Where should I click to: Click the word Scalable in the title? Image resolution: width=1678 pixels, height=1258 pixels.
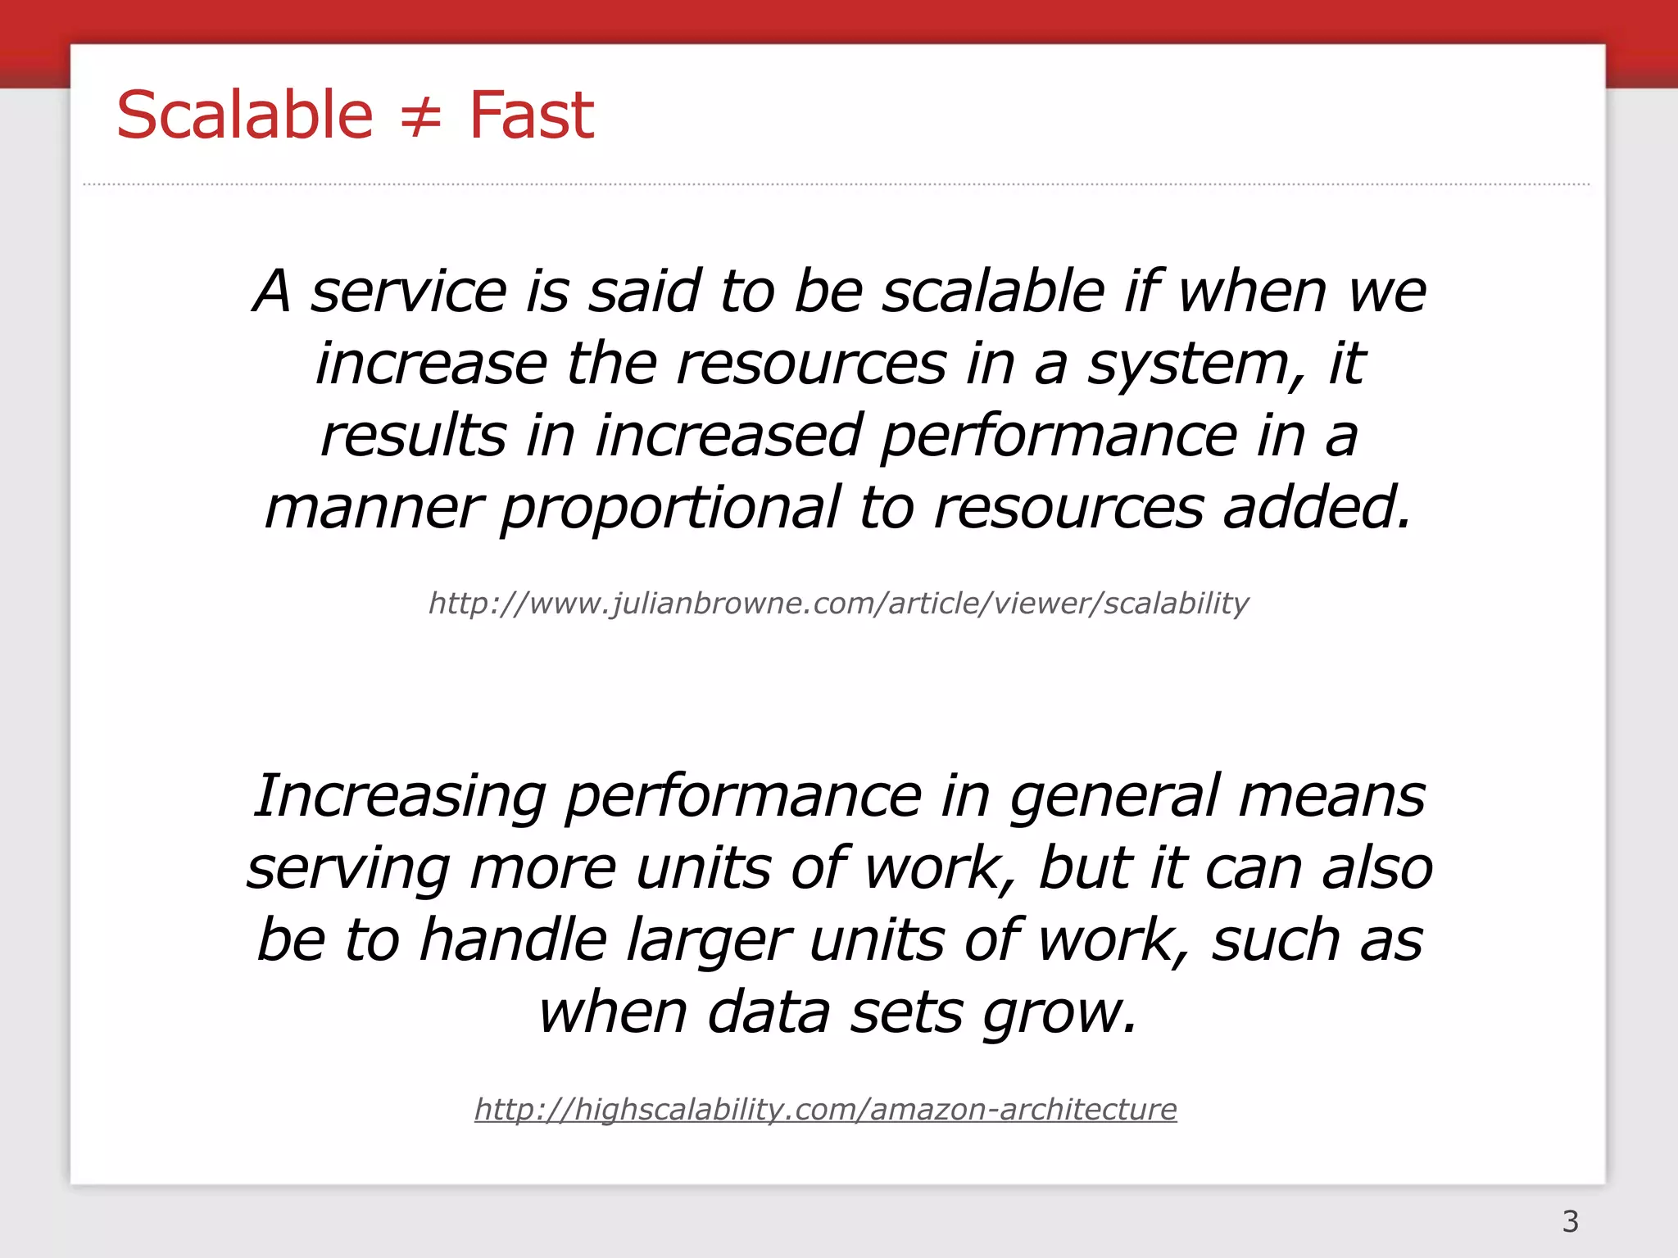(x=244, y=115)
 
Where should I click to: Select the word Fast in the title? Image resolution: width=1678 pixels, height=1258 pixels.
(x=531, y=115)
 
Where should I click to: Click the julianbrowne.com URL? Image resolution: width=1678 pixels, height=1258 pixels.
(x=838, y=604)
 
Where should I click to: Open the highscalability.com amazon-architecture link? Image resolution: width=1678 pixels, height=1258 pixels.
(x=825, y=1110)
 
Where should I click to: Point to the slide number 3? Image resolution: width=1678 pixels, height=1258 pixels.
(x=1570, y=1221)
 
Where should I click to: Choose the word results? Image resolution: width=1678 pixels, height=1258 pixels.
(x=413, y=437)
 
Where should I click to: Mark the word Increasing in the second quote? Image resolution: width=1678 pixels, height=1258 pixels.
(x=399, y=798)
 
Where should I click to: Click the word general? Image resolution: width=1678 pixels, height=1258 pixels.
(x=1113, y=798)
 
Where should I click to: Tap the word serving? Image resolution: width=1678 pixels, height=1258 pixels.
(x=348, y=870)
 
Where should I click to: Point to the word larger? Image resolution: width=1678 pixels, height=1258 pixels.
(x=709, y=942)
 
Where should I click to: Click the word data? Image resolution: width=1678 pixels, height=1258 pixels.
(x=768, y=1013)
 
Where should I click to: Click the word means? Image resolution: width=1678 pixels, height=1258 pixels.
(x=1331, y=798)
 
